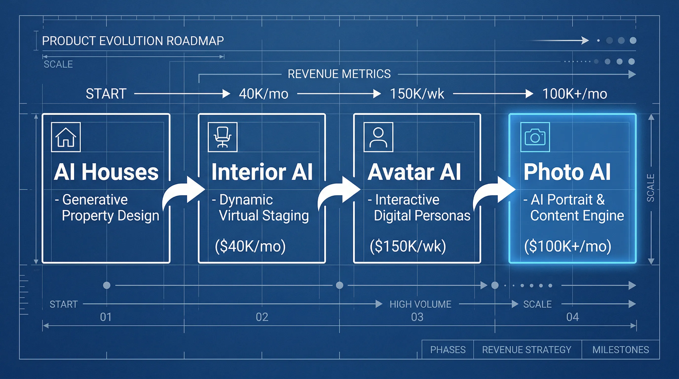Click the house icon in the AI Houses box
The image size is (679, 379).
pyautogui.click(x=66, y=137)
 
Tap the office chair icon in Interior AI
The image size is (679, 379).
pyautogui.click(x=223, y=137)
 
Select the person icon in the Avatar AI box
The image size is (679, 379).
pyautogui.click(x=378, y=137)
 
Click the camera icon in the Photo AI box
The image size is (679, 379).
pyautogui.click(x=535, y=137)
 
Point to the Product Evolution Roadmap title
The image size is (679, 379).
pyautogui.click(x=133, y=41)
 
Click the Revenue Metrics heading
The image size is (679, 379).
pyautogui.click(x=339, y=74)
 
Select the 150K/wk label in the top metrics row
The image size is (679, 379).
pyautogui.click(x=417, y=94)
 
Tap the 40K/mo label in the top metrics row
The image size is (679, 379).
pyautogui.click(x=263, y=94)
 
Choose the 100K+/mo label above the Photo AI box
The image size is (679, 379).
pyautogui.click(x=575, y=94)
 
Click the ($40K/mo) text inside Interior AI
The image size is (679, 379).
pyautogui.click(x=250, y=246)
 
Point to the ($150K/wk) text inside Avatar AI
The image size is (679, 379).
pyautogui.click(x=408, y=246)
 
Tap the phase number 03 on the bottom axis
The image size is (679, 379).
pyautogui.click(x=417, y=317)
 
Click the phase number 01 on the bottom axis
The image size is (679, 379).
pyautogui.click(x=106, y=317)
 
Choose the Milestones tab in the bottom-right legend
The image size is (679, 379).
pyautogui.click(x=621, y=350)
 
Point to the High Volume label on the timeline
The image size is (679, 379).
pyautogui.click(x=420, y=304)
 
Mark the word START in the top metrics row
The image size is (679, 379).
pyautogui.click(x=106, y=94)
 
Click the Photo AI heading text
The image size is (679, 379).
pyautogui.click(x=567, y=172)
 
